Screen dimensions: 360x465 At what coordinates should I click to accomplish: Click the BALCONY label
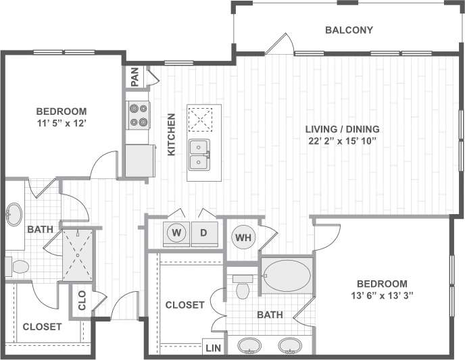point(349,30)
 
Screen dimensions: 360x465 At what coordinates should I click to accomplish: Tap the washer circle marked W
point(177,233)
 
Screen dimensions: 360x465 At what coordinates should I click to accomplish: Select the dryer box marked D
point(203,233)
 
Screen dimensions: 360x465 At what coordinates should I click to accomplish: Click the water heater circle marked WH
point(242,237)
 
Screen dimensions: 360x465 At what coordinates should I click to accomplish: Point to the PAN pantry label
point(135,77)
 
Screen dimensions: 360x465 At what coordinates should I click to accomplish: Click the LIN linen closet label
point(212,349)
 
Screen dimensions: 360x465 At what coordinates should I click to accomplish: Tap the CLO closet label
point(82,300)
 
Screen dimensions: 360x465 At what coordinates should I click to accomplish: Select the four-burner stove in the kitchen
point(138,115)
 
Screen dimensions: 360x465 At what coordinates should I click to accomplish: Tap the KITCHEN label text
point(172,134)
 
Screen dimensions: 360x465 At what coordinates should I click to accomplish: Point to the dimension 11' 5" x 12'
point(62,123)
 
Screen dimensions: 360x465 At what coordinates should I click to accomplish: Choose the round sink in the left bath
point(14,215)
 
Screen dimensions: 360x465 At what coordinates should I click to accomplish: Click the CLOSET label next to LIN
point(185,305)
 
